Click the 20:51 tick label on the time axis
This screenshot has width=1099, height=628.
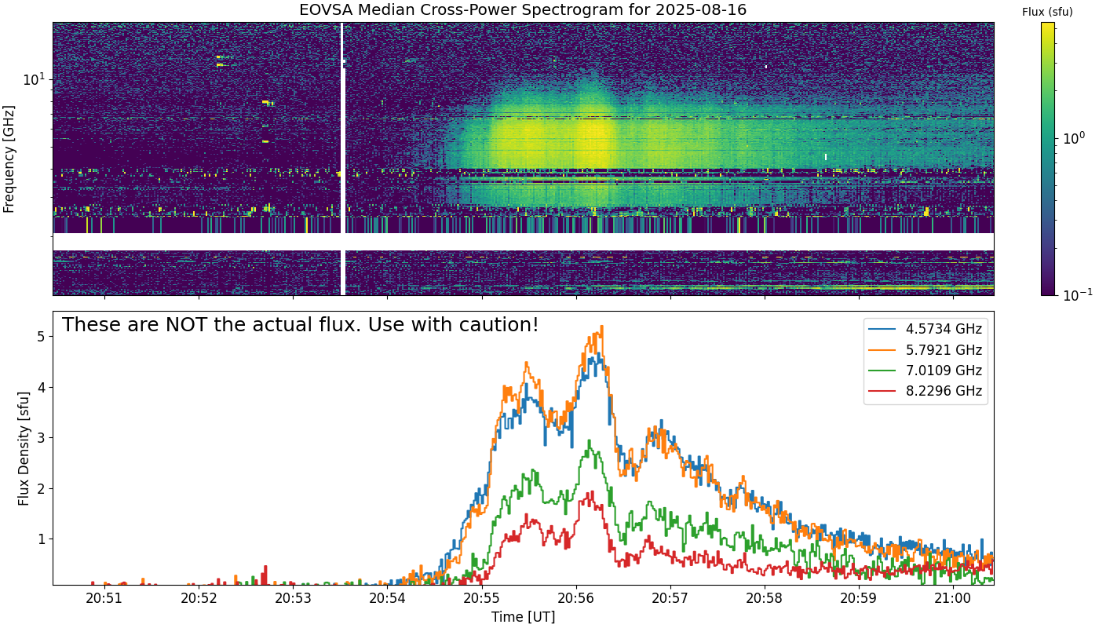point(104,598)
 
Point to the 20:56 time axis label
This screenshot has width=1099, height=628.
point(576,598)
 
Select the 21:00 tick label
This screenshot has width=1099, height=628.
point(953,598)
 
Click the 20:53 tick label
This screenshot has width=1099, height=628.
point(293,598)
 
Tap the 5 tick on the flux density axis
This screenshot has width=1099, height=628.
point(41,337)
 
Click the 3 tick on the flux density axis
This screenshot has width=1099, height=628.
point(41,438)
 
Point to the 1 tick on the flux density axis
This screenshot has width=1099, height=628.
point(41,539)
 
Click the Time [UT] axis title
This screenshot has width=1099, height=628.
point(523,617)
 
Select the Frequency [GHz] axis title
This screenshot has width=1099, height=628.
point(9,159)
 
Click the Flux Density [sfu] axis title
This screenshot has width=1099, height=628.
point(23,448)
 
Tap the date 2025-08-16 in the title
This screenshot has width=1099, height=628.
point(701,9)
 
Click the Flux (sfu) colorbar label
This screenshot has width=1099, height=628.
point(1047,13)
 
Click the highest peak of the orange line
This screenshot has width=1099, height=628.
point(601,326)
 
